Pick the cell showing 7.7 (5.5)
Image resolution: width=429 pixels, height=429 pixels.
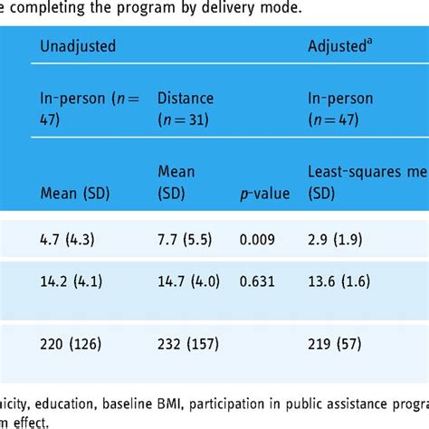pos(187,241)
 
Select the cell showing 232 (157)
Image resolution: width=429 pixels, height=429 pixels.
pos(189,344)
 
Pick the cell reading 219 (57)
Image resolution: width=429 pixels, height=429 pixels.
pos(338,344)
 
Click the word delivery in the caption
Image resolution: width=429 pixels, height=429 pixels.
pos(249,10)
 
